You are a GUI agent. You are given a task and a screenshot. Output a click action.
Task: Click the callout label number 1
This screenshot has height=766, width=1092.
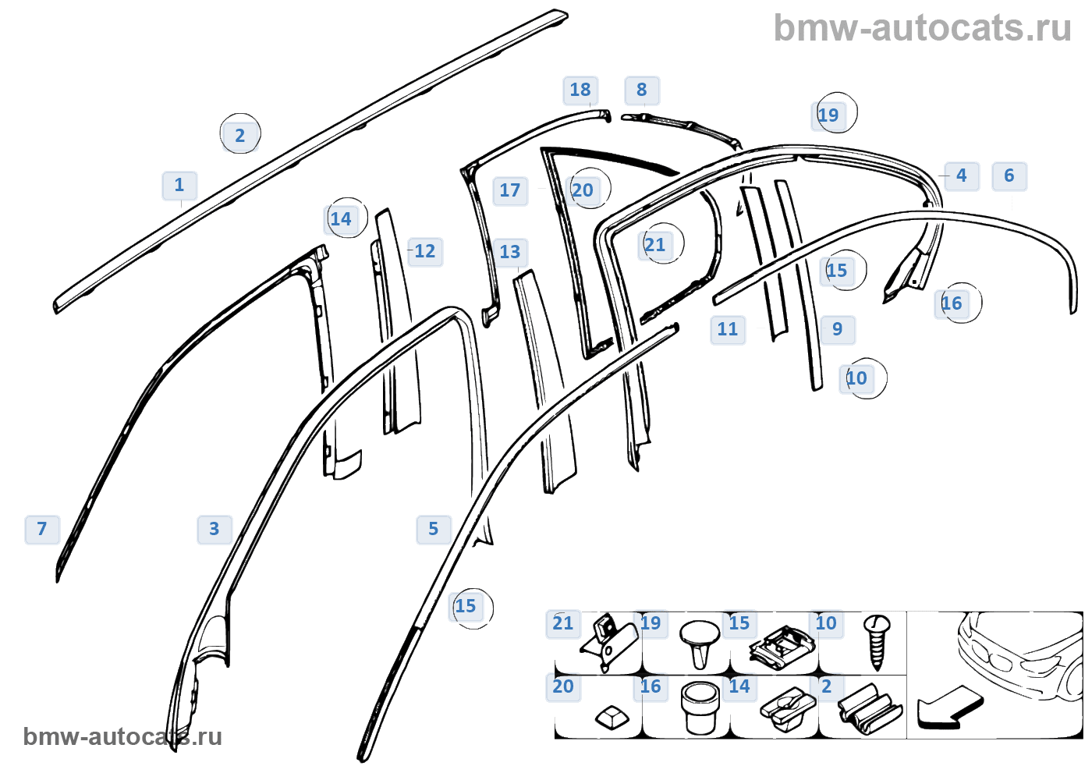pyautogui.click(x=179, y=186)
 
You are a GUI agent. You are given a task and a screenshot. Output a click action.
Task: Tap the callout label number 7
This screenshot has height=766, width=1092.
pyautogui.click(x=42, y=530)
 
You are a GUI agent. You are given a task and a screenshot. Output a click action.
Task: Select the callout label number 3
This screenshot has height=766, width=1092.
pyautogui.click(x=214, y=530)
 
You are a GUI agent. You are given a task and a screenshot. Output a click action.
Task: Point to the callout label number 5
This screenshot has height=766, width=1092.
pyautogui.click(x=434, y=530)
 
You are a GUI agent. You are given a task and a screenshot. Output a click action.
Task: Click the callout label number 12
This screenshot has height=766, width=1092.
pyautogui.click(x=425, y=252)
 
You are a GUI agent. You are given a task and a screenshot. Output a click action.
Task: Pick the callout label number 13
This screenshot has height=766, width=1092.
pyautogui.click(x=510, y=253)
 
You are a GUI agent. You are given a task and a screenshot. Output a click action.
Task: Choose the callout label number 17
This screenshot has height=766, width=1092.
pyautogui.click(x=510, y=191)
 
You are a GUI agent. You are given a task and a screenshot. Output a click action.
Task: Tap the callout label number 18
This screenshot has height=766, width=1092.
pyautogui.click(x=580, y=90)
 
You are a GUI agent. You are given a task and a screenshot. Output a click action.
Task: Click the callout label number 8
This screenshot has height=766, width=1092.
pyautogui.click(x=642, y=90)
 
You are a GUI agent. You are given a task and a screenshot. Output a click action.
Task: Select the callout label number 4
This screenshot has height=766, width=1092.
pyautogui.click(x=962, y=176)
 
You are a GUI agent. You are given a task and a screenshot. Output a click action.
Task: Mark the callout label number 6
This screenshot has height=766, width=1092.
pyautogui.click(x=1009, y=176)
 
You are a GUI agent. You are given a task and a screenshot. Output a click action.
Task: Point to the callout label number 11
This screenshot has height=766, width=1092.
pyautogui.click(x=728, y=330)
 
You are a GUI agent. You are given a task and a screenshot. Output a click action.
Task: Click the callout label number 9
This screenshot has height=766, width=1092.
pyautogui.click(x=838, y=330)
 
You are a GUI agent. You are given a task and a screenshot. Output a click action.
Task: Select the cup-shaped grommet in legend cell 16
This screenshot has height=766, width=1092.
pyautogui.click(x=700, y=707)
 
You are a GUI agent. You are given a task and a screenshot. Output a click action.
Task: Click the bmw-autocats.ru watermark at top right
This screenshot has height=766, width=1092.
pyautogui.click(x=922, y=29)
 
